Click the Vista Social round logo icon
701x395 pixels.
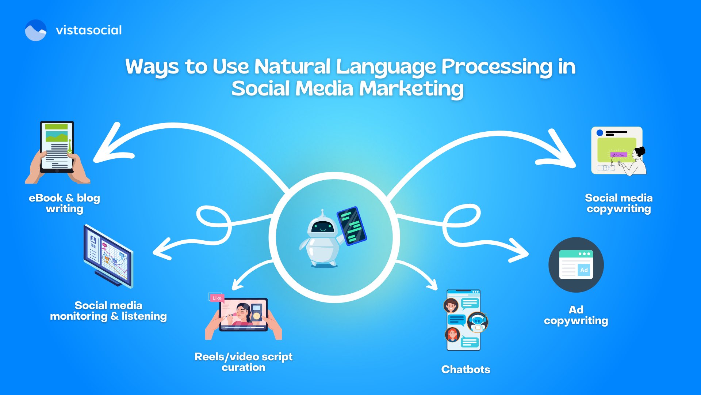coord(35,30)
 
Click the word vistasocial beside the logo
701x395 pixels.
coord(89,30)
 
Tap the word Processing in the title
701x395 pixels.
coord(497,67)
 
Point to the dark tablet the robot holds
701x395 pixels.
coord(352,226)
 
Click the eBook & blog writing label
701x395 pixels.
coord(64,203)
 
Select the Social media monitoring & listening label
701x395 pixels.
coord(108,311)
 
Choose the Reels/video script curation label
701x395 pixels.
coord(244,362)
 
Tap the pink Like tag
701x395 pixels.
coord(217,298)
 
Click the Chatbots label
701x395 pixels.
coord(466,369)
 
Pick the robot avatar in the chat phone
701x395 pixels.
coord(477,322)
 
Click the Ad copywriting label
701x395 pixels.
coord(576,315)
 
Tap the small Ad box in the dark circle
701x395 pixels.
coord(584,270)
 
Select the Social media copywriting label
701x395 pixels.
coord(618,203)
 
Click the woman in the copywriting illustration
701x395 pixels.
coord(637,161)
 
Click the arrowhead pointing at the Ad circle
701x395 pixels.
coord(520,252)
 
